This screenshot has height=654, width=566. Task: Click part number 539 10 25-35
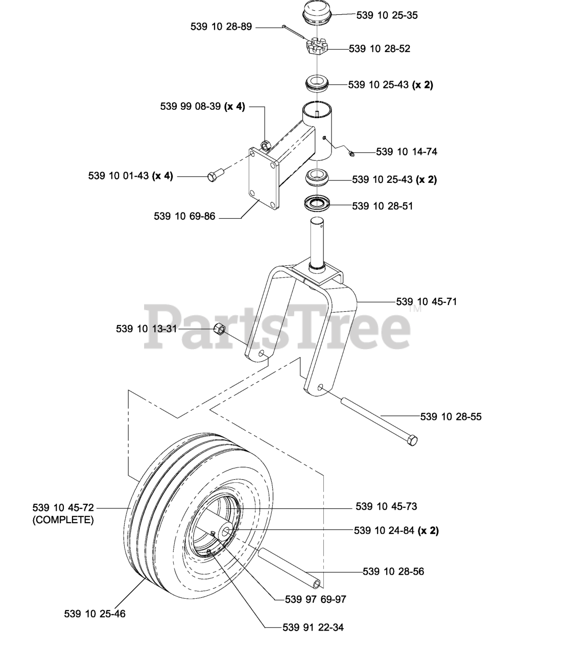(x=387, y=15)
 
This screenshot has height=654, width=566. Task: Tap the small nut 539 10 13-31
(x=220, y=329)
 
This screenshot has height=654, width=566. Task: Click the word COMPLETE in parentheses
(x=63, y=520)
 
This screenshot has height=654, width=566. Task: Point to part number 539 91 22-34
(x=313, y=627)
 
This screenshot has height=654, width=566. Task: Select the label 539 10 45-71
(x=427, y=301)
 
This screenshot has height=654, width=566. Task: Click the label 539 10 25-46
(x=95, y=613)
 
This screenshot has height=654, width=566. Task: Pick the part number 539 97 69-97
(x=316, y=599)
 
